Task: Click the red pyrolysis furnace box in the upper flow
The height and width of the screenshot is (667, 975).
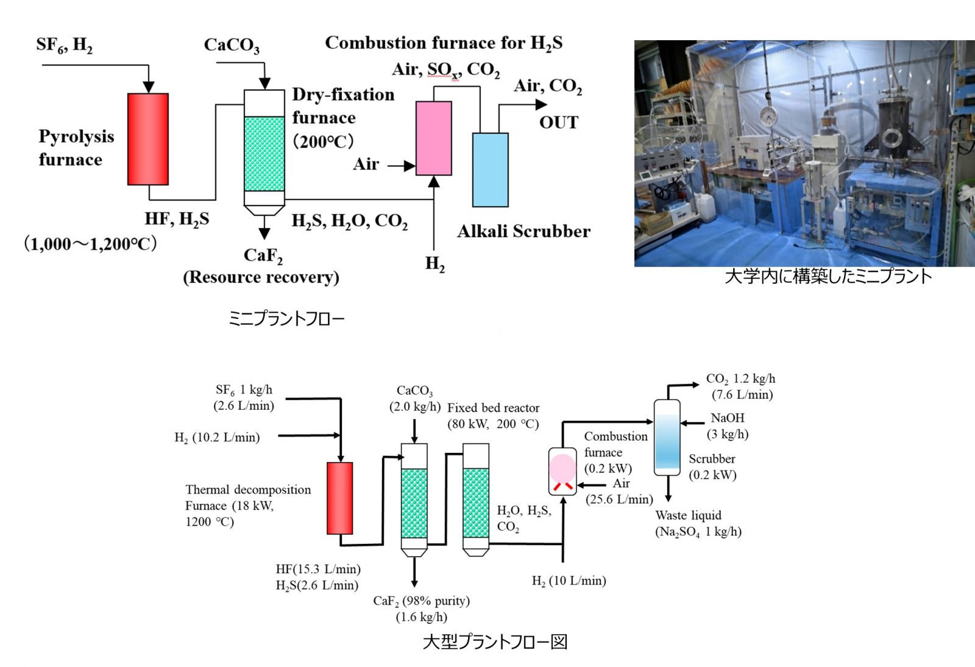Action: [148, 139]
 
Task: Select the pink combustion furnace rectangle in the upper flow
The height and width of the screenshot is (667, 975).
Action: [433, 138]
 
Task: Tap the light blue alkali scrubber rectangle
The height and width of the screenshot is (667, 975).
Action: [490, 170]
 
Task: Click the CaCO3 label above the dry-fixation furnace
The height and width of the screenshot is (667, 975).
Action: [232, 45]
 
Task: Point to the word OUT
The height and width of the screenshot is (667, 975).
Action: [558, 123]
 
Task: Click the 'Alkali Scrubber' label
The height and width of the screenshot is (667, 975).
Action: [523, 232]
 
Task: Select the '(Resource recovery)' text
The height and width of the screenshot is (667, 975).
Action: [261, 277]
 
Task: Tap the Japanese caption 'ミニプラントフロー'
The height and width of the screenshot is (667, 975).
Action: [286, 318]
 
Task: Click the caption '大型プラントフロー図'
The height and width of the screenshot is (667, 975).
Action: [495, 641]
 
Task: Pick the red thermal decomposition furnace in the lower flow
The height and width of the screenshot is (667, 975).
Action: [339, 498]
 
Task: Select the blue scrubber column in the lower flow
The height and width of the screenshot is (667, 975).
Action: [667, 437]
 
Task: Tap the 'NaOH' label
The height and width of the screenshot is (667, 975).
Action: [727, 418]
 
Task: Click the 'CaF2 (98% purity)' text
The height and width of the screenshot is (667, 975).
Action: [421, 601]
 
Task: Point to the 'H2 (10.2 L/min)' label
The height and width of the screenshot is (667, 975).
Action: [217, 437]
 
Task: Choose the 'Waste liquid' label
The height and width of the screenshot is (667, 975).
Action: [688, 515]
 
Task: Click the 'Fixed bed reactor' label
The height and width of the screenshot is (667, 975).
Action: [493, 408]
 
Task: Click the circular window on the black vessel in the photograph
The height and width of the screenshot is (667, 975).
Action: [892, 138]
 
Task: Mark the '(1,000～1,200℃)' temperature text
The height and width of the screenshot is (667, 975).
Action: [90, 244]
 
